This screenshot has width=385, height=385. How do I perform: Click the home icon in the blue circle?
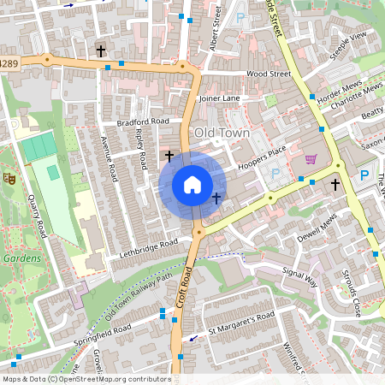click(x=192, y=184)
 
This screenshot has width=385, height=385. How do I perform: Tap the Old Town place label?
click(x=222, y=133)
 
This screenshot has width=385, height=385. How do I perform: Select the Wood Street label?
click(x=269, y=74)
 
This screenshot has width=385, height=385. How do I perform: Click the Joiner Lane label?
click(x=219, y=98)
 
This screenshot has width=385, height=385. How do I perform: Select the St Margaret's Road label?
click(x=241, y=327)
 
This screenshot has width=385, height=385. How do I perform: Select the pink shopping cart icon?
click(x=311, y=158)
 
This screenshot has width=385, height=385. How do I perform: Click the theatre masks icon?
click(x=10, y=178)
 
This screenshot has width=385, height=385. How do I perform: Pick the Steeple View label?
click(x=351, y=38)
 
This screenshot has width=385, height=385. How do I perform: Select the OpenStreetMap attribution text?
click(x=86, y=379)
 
